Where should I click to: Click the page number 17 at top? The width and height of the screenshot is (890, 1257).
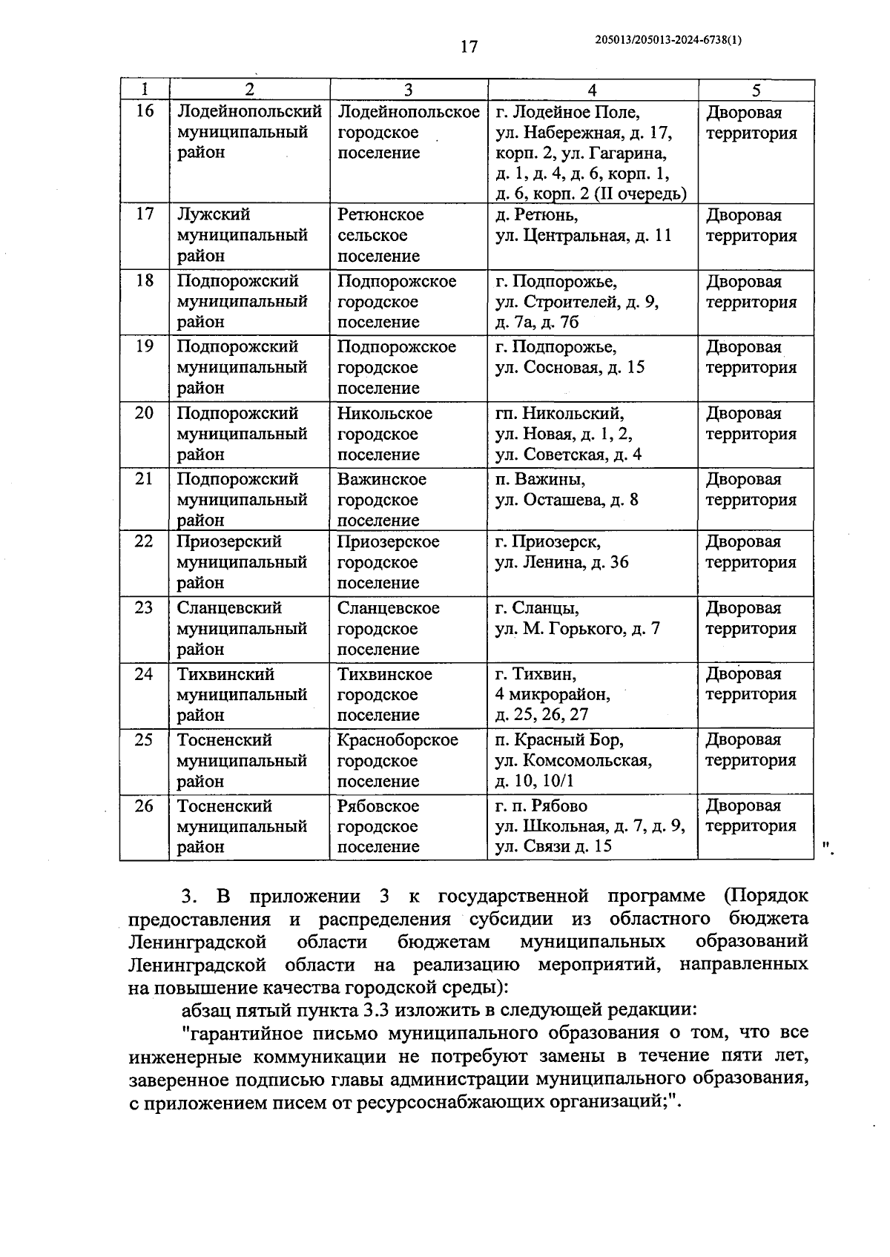pos(469,47)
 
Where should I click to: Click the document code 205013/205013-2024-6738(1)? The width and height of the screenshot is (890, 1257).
pos(668,41)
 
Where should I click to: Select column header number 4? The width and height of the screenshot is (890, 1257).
pos(591,90)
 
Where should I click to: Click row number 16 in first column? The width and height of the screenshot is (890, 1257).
pos(145,111)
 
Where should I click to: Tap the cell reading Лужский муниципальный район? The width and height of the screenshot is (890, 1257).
pos(242,235)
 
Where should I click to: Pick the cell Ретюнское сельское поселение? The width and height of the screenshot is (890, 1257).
pos(380,235)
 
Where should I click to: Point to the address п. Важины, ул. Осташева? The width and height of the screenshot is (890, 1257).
pos(566,489)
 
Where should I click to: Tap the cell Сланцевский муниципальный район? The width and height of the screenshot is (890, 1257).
pos(242,628)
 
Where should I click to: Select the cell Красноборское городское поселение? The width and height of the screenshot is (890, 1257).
pos(398,760)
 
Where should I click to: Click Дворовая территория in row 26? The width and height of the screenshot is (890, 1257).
pos(751,816)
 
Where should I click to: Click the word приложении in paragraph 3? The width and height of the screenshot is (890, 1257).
pos(304,896)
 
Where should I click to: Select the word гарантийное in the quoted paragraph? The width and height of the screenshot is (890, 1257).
pos(241,1033)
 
